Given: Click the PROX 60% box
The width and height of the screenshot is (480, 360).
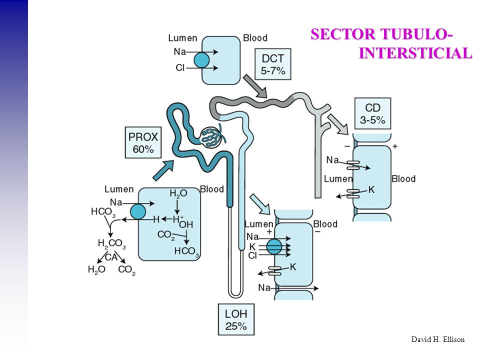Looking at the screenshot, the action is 143,142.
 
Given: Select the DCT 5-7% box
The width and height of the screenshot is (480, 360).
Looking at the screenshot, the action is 273,64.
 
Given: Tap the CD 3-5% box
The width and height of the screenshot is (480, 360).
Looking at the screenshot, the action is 372,113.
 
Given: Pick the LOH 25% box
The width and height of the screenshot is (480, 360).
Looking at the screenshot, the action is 236,319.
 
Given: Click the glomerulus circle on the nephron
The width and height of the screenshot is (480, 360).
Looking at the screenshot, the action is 210,137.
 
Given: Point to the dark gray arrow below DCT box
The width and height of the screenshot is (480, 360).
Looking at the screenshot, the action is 255,86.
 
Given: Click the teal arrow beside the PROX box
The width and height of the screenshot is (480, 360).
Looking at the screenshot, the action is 163,170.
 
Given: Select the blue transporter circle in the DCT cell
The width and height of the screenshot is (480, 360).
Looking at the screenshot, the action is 201,60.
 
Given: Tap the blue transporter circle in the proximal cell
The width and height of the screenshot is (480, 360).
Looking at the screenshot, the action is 138,211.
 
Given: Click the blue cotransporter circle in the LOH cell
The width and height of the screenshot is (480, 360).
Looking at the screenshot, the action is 274,246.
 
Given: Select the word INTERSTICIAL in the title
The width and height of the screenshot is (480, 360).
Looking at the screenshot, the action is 415,53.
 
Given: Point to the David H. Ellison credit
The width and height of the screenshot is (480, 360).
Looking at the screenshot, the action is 438,339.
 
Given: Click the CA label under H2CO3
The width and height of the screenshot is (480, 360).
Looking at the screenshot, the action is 111,257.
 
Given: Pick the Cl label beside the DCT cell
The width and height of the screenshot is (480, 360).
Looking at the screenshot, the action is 180,67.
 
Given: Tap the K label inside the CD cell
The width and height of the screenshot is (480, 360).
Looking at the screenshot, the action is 371,190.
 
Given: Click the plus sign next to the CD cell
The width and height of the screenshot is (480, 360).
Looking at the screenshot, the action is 395,146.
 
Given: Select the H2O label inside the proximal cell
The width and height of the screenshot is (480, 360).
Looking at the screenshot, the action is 178,193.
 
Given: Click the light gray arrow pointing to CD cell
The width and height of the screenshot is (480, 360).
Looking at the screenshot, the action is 338,124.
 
